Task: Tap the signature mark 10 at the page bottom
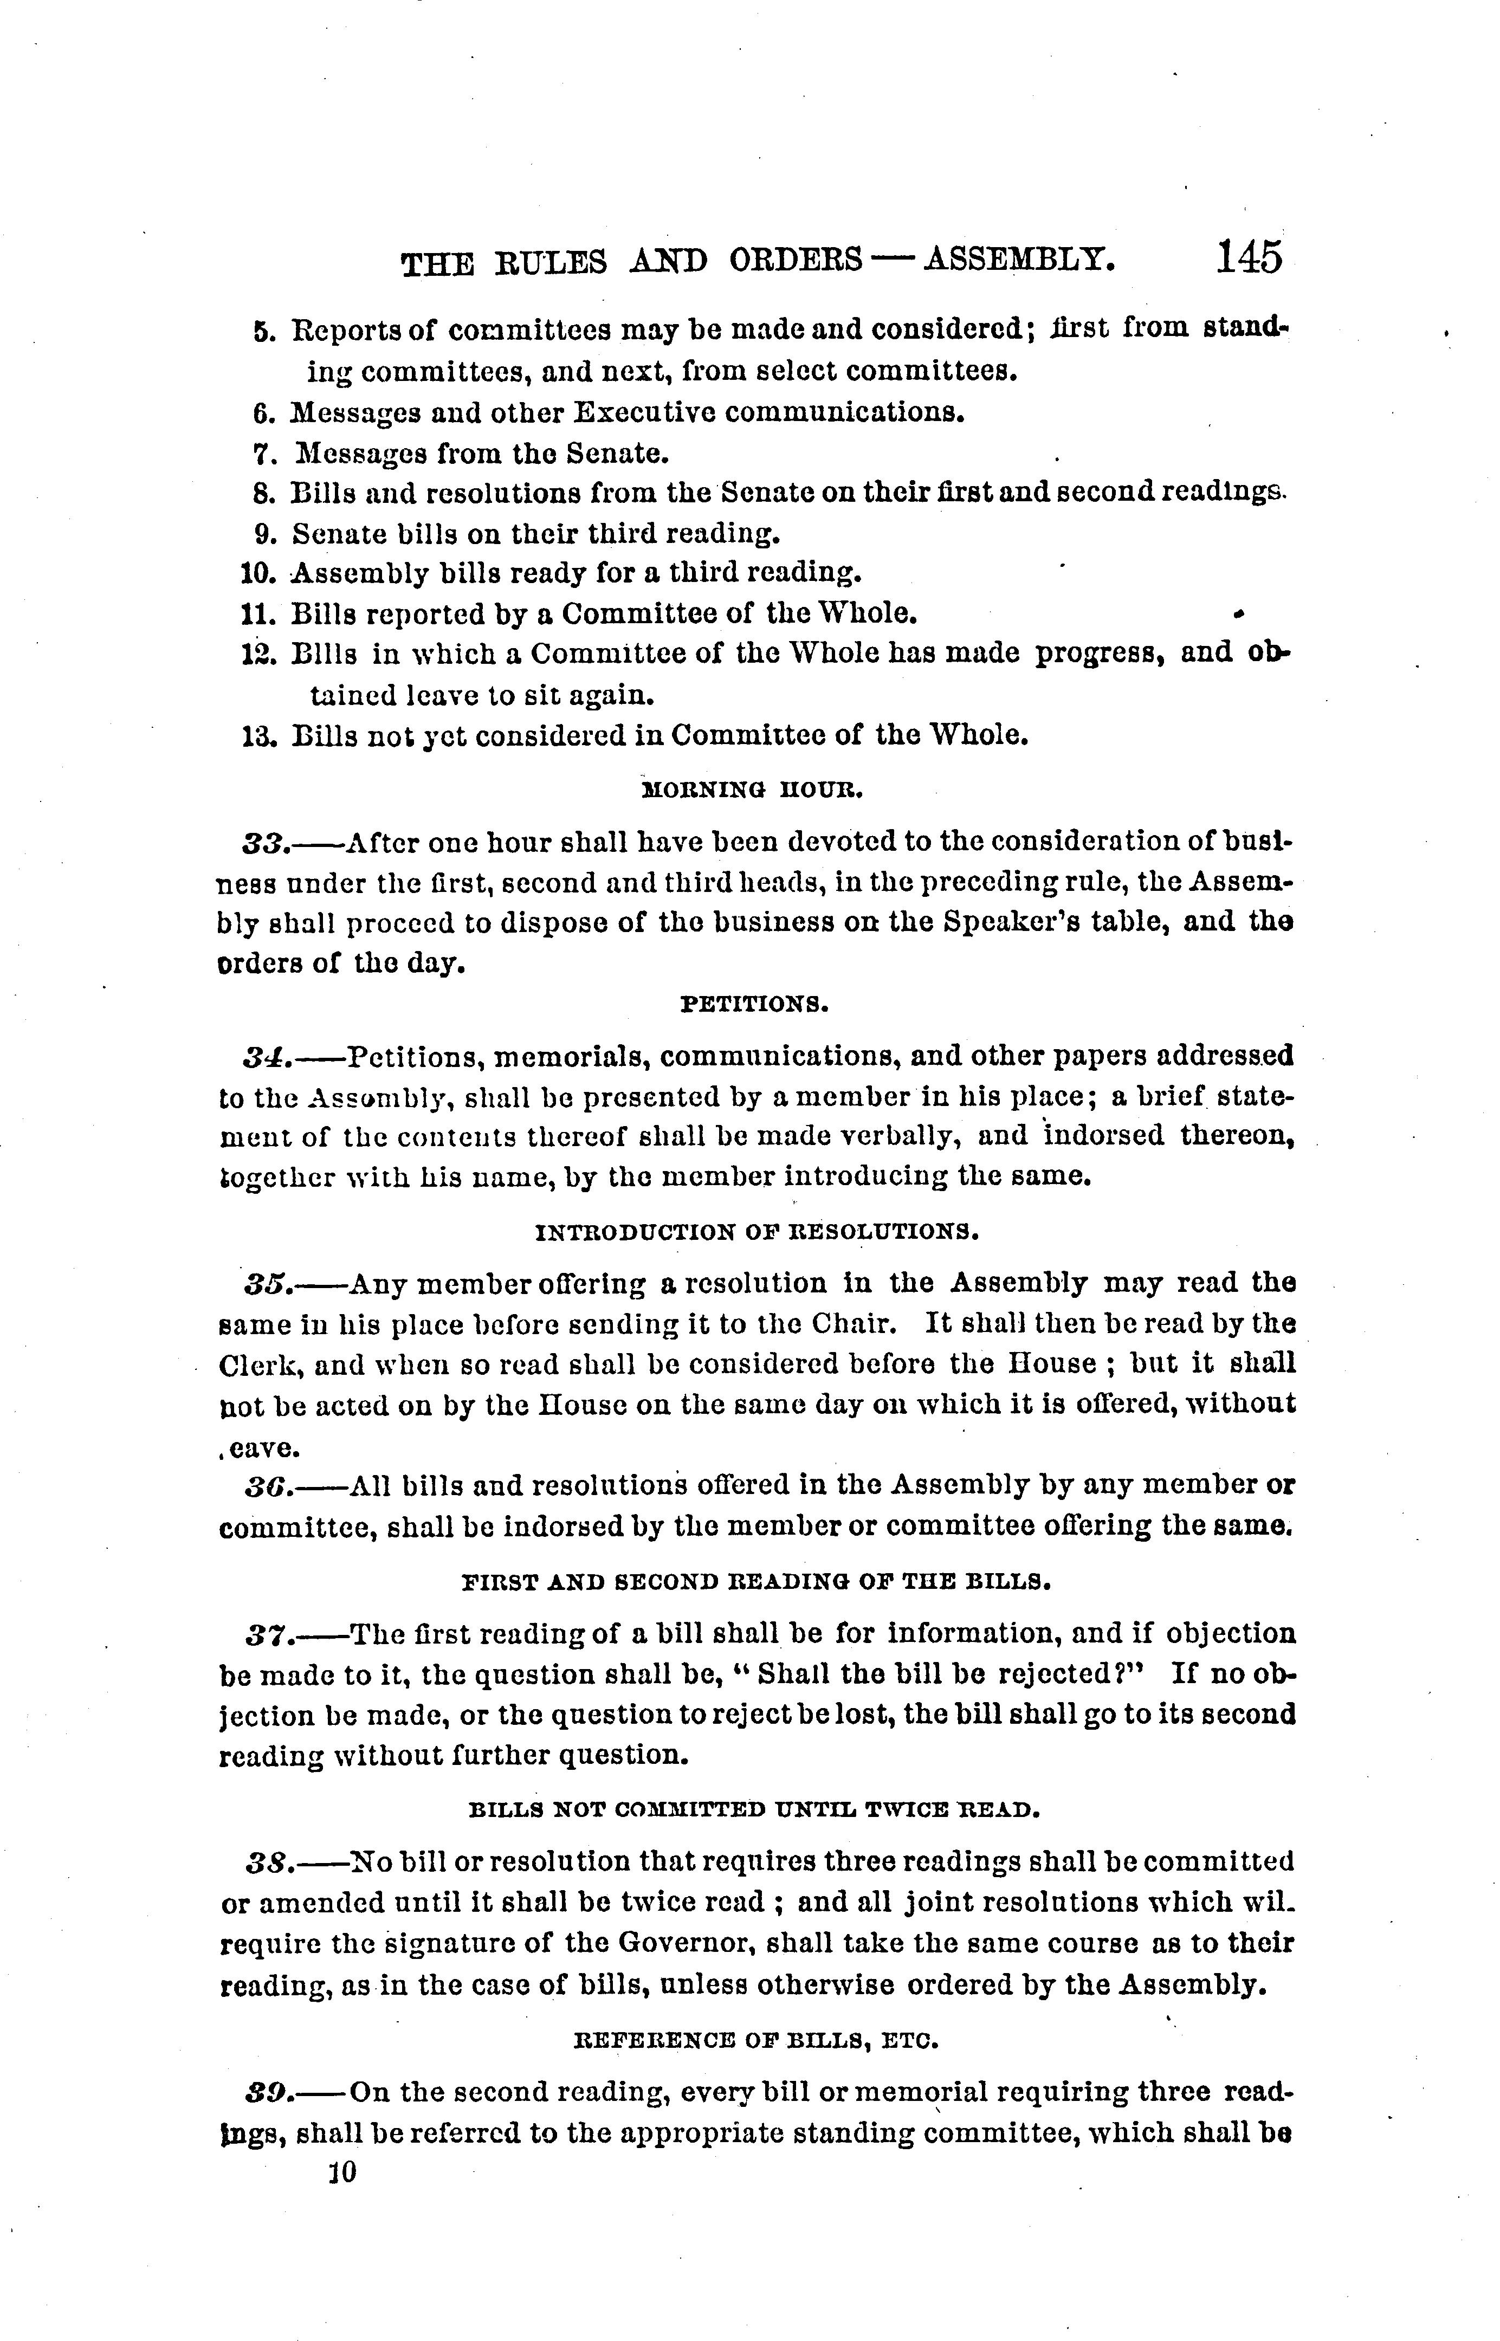tap(344, 2171)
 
